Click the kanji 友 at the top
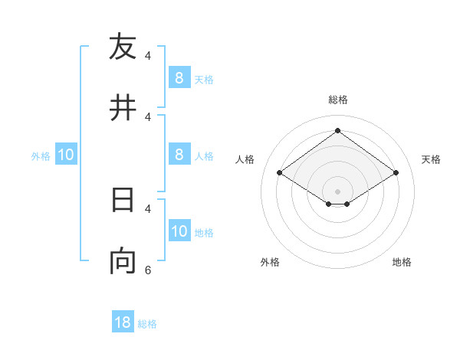123,47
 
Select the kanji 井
123,108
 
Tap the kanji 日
123,200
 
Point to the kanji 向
123,261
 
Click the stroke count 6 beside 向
148,270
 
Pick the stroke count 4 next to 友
148,55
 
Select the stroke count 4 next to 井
148,116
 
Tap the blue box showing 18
123,322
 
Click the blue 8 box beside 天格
179,77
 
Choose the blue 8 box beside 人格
179,154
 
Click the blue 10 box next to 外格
66,155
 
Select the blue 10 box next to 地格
179,231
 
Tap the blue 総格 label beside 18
147,324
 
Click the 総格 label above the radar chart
338,100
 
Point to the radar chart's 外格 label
270,262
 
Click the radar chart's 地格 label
402,262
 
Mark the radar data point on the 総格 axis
337,131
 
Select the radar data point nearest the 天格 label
396,173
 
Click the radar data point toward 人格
279,173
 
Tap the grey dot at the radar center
337,191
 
